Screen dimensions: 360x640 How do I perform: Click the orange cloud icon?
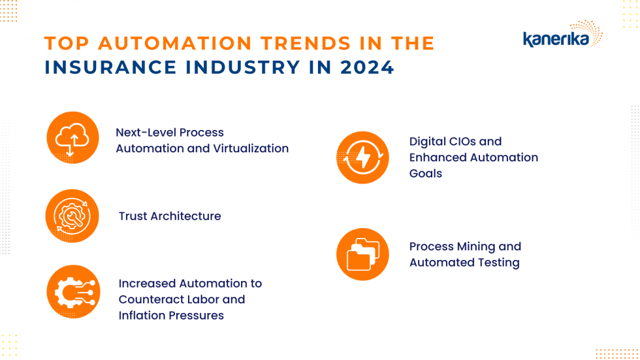(x=72, y=139)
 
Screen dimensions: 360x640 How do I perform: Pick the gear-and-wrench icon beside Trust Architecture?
(x=72, y=216)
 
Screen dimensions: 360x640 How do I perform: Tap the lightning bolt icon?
(x=362, y=157)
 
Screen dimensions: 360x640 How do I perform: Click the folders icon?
(x=362, y=254)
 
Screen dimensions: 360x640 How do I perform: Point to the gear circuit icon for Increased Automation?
(x=72, y=291)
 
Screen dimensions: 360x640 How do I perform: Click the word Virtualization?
(x=251, y=148)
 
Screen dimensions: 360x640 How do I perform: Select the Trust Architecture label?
(x=170, y=216)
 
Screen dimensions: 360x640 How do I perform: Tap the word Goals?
(x=426, y=173)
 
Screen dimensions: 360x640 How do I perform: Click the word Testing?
(x=499, y=263)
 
